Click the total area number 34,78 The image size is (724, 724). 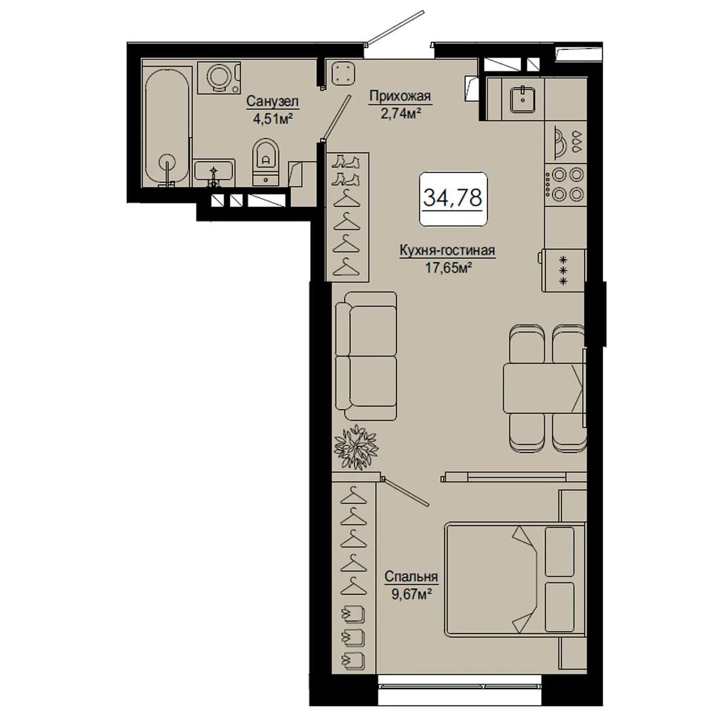point(453,198)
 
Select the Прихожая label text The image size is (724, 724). point(400,96)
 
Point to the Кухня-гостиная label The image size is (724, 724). point(447,250)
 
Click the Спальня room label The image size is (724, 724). point(411,576)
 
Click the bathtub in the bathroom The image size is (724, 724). point(167,127)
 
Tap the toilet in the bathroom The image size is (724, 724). point(266,162)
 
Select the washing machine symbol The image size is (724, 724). point(218,78)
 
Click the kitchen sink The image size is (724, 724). point(522,98)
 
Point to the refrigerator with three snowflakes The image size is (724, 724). point(562,270)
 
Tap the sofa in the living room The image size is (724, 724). point(366,356)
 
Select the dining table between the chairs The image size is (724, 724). point(544,388)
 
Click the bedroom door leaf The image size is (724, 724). point(406,492)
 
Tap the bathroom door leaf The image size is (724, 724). point(337,117)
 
